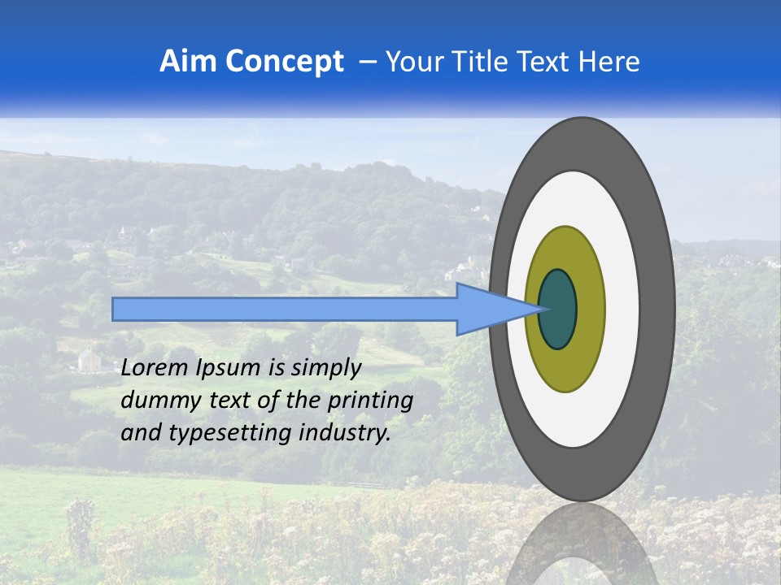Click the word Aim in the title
click(189, 62)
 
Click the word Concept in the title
click(284, 62)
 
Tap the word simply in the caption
click(325, 368)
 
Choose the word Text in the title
click(544, 62)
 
